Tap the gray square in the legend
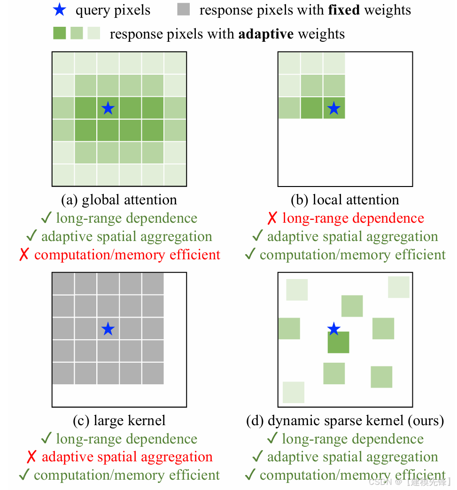pyautogui.click(x=184, y=9)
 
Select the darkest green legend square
pyautogui.click(x=60, y=33)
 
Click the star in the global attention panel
pyautogui.click(x=108, y=109)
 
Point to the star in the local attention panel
pyautogui.click(x=333, y=109)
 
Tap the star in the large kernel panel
pyautogui.click(x=108, y=329)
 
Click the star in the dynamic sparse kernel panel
pyautogui.click(x=333, y=329)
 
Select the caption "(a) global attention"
pyautogui.click(x=119, y=200)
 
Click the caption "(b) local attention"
pyautogui.click(x=345, y=200)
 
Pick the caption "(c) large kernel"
pyautogui.click(x=119, y=420)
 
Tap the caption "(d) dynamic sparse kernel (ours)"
pyautogui.click(x=345, y=420)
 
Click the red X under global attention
pyautogui.click(x=24, y=255)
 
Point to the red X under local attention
pyautogui.click(x=272, y=218)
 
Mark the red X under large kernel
pyautogui.click(x=31, y=457)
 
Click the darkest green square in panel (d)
pyautogui.click(x=338, y=342)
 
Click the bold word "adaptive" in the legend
pyautogui.click(x=266, y=34)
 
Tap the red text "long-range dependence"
pyautogui.click(x=353, y=218)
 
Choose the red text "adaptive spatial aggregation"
pyautogui.click(x=127, y=457)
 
